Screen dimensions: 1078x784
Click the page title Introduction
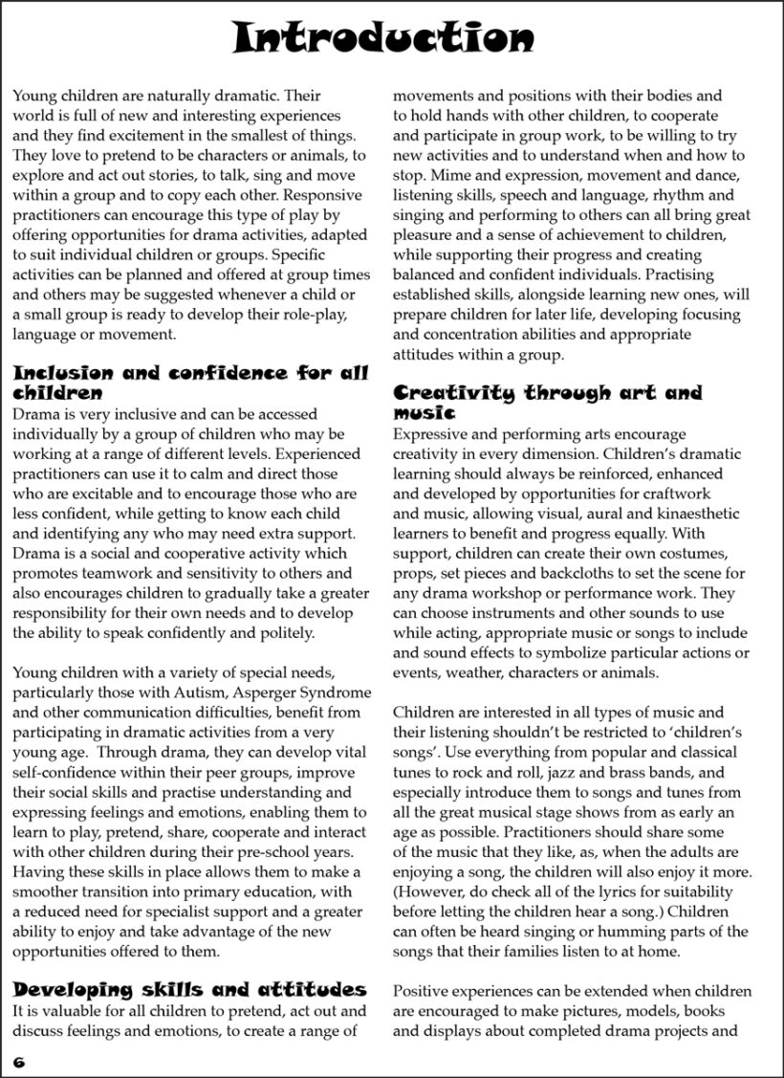coord(383,38)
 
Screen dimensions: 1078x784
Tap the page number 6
coord(18,1062)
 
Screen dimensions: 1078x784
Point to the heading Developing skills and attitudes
coord(189,989)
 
